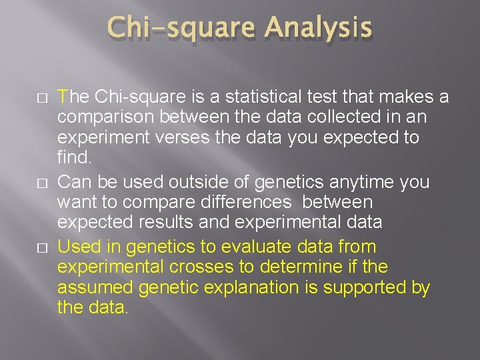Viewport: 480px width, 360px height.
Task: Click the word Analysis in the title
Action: click(318, 28)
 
